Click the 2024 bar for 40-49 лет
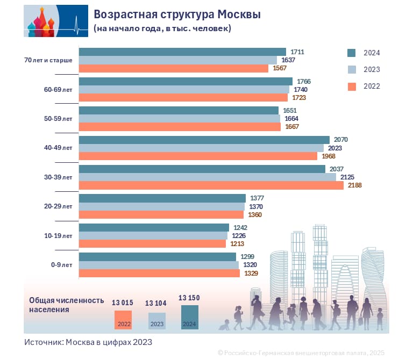(204, 140)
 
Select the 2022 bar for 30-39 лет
(211, 185)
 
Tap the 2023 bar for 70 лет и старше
(177, 60)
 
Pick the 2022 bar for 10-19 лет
(152, 243)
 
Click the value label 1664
(290, 118)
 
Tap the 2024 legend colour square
(352, 53)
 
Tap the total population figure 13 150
(190, 298)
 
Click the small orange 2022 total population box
(123, 320)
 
